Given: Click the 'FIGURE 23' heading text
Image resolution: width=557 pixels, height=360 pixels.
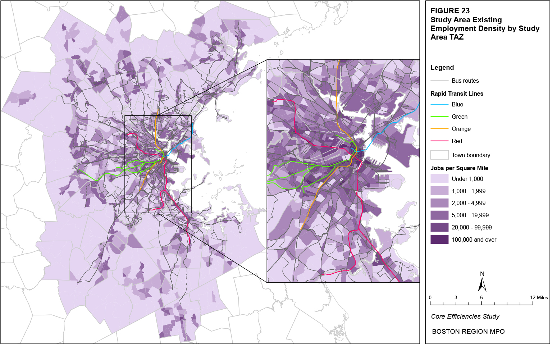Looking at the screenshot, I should coord(450,11).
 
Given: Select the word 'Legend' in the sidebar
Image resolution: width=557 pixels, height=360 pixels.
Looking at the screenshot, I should coord(442,68).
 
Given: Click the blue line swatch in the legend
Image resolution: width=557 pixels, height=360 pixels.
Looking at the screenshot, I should coord(439,104).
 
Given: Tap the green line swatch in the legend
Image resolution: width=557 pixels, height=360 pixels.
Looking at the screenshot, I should coord(439,117).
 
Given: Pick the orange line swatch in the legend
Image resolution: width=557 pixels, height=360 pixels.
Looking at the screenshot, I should coord(439,129).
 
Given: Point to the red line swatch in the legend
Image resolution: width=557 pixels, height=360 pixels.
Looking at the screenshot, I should coord(439,141).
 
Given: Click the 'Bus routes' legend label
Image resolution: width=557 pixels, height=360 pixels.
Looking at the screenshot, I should coord(465,81).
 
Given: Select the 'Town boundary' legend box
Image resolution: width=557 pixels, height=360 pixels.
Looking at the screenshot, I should coord(439,155).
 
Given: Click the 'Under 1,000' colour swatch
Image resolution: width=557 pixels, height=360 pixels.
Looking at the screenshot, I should coord(439,179).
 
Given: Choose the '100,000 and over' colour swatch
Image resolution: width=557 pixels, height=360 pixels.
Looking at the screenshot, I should coord(439,240).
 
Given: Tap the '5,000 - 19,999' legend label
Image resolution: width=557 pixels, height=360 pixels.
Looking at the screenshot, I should coord(470,215).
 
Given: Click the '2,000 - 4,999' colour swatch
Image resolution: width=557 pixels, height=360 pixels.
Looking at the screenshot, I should coord(439,203).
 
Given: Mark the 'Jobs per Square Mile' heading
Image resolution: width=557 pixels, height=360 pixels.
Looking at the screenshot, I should coord(459,168).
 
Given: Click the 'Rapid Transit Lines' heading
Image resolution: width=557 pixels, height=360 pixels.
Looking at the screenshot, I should coord(457,94).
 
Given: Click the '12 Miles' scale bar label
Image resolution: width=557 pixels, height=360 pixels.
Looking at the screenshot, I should coord(539,297).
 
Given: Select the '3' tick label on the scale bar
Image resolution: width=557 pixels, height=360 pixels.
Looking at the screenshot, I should coord(456,297).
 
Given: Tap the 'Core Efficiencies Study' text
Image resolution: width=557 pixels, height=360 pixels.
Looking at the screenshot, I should coord(465,316).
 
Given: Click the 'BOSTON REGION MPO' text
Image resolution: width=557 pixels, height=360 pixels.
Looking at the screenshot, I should coord(468,332).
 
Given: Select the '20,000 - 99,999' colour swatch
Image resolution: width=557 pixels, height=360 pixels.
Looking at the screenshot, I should coord(439,227).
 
